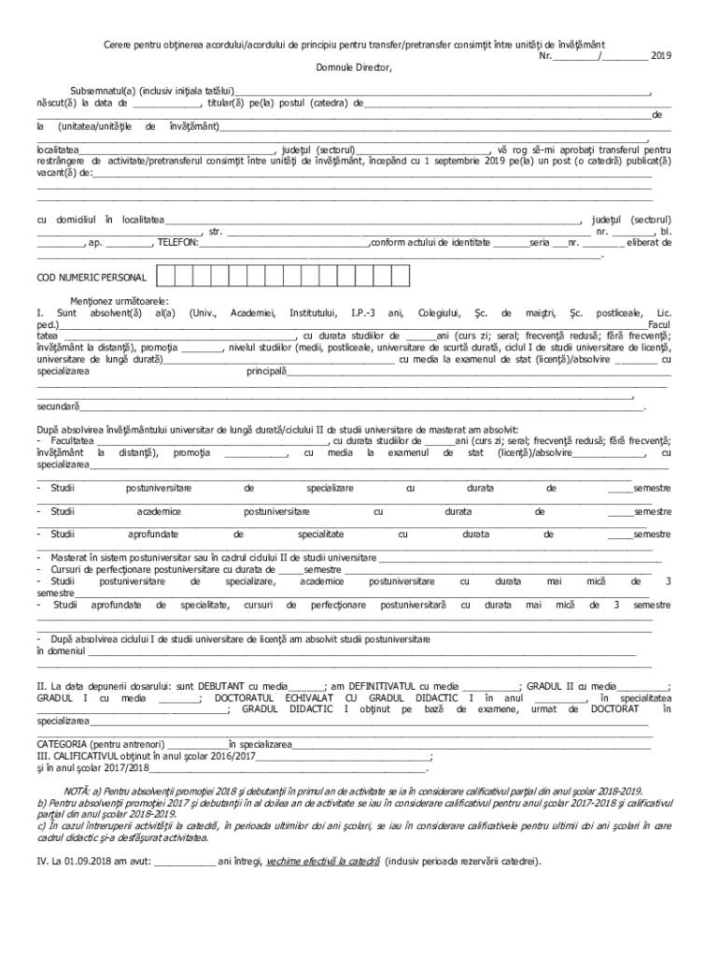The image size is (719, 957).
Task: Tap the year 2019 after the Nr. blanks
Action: [661, 56]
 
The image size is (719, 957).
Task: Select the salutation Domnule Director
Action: [354, 68]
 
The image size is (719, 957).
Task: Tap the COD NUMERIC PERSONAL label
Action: [92, 279]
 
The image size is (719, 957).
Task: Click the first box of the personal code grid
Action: [166, 276]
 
